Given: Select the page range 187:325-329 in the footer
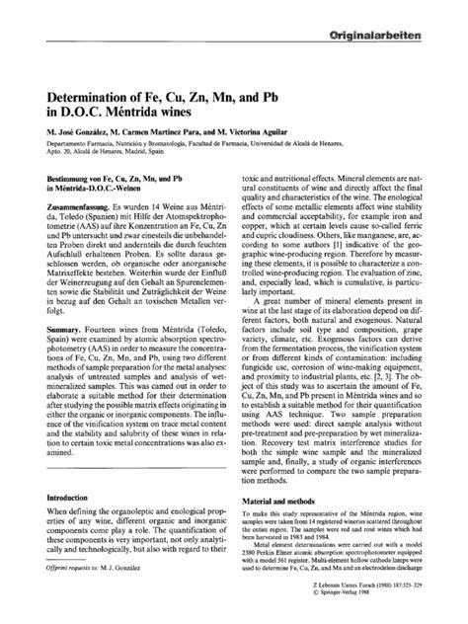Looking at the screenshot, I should [404, 599].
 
